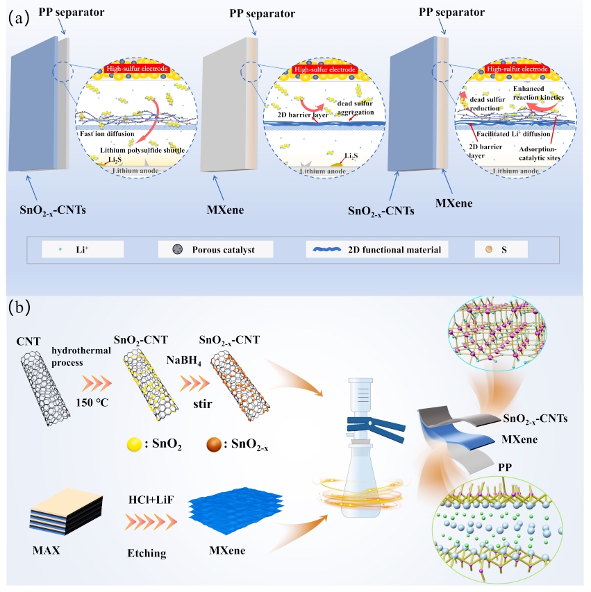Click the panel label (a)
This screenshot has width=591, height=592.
pos(18,18)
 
